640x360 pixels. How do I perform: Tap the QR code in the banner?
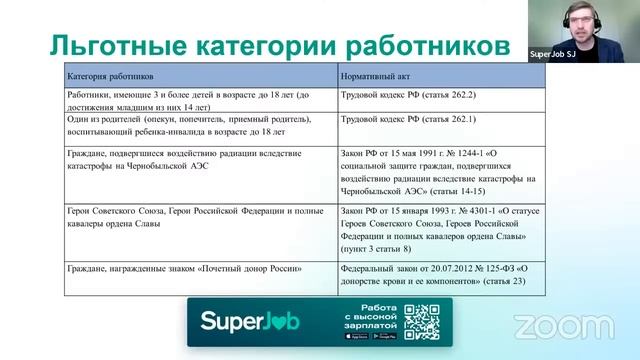coord(422,321)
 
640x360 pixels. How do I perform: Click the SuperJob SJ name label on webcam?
coord(552,55)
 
